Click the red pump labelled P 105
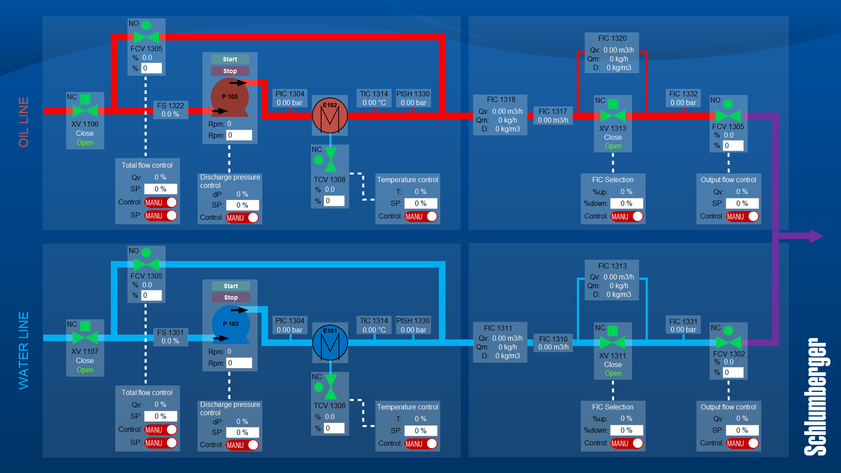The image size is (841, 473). coord(230,97)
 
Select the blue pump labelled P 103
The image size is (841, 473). coord(230,324)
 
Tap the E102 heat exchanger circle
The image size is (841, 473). coord(330,116)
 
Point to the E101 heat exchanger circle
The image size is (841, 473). coord(330,342)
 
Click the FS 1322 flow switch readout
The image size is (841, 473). coord(170,110)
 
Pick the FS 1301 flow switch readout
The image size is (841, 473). coord(170,337)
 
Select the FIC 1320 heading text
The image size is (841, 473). coord(612,39)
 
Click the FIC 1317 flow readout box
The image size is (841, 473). coord(553,116)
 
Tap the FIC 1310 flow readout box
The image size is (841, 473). coord(553,343)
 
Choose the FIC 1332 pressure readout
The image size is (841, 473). coord(683,98)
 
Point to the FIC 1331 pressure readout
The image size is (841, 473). coord(683,325)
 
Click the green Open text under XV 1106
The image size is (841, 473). coord(85,143)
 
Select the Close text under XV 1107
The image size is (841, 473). coord(85,360)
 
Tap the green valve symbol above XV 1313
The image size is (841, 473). coord(613,116)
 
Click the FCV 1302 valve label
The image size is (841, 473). coord(728,354)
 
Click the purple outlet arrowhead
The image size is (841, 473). coord(816,236)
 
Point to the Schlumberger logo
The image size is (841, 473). coord(815,396)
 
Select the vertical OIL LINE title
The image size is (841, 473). coord(24,122)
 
